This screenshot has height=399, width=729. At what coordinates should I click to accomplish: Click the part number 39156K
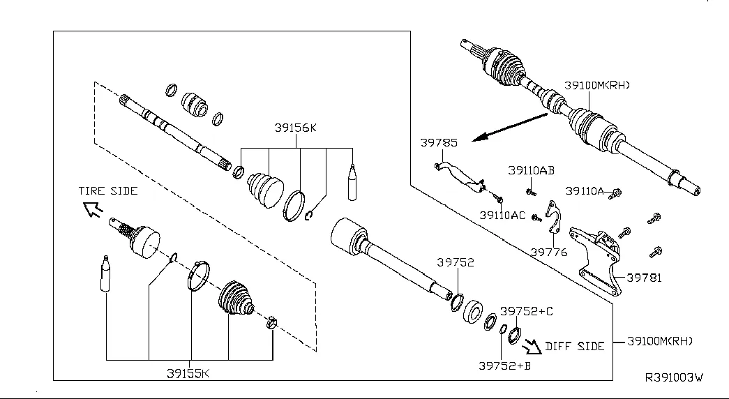click(x=295, y=128)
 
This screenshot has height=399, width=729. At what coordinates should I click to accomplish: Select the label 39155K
click(x=188, y=373)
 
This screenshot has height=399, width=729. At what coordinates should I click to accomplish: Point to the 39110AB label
click(x=531, y=170)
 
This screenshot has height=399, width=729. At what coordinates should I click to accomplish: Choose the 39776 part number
click(x=548, y=253)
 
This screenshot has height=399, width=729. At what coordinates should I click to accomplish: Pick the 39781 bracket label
click(x=643, y=278)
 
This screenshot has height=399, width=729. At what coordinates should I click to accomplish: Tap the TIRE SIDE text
click(x=108, y=190)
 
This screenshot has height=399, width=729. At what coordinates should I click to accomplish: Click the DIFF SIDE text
click(x=574, y=346)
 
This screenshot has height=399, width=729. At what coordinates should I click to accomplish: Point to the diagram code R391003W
click(x=673, y=377)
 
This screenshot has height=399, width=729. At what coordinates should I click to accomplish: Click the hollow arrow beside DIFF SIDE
click(x=532, y=344)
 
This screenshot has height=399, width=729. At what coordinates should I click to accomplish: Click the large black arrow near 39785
click(x=509, y=126)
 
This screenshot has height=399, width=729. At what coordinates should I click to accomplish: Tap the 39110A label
click(x=584, y=190)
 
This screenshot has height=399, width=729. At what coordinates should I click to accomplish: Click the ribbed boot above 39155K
click(x=237, y=303)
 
